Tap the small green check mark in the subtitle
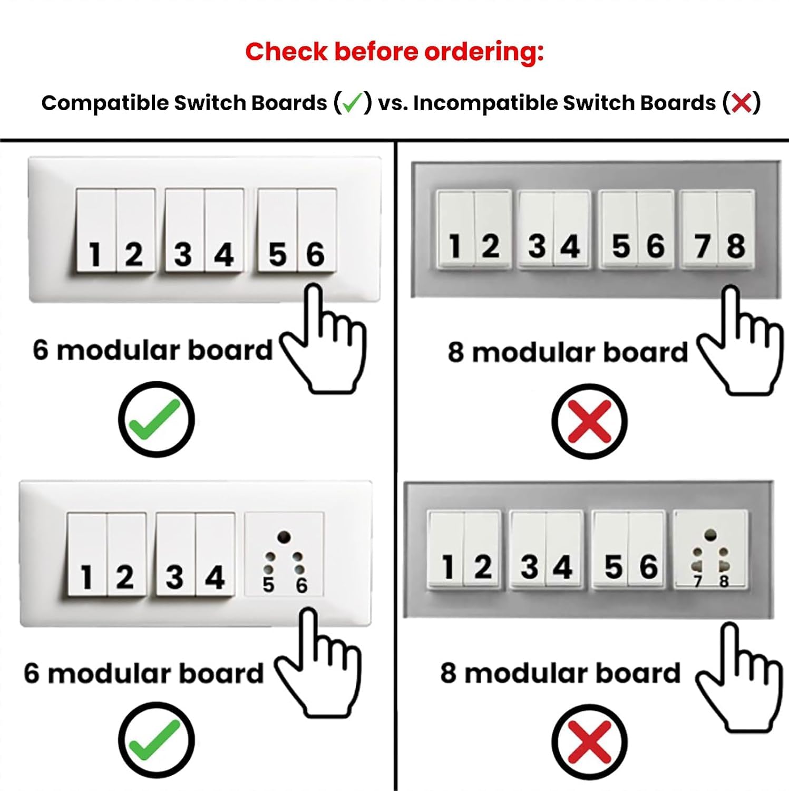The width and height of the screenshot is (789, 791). point(353,103)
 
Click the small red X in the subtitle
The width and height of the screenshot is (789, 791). point(742,103)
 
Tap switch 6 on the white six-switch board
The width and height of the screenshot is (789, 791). point(317,230)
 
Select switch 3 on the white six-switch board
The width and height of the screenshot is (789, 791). point(185,230)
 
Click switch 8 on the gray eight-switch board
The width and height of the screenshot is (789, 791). point(736,230)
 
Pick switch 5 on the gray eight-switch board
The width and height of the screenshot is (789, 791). point(619,230)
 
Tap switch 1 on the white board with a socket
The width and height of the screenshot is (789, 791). point(87,554)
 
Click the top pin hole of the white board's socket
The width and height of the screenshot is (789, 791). point(284,537)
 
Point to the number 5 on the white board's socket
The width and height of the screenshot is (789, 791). point(268,585)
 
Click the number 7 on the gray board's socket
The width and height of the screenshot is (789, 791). point(698,581)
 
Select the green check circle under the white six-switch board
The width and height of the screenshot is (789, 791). point(157,419)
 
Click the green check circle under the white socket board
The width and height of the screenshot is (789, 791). point(157,740)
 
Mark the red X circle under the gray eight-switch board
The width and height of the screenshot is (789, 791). point(590,421)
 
